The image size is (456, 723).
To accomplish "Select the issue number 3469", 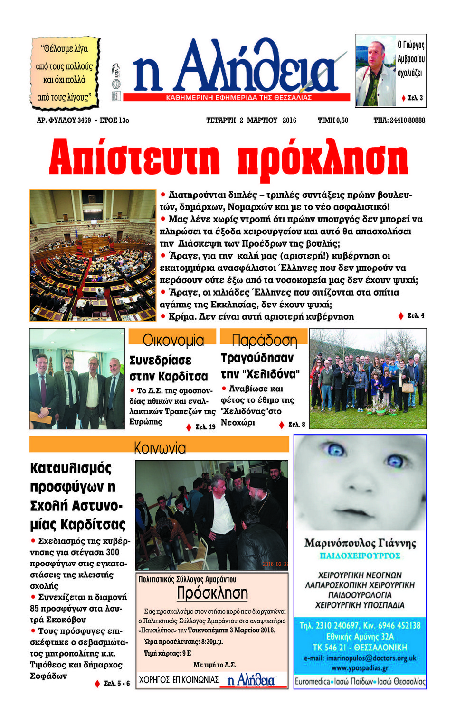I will (84, 120).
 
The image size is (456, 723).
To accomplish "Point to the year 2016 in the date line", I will (289, 120).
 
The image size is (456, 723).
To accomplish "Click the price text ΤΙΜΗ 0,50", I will (332, 120).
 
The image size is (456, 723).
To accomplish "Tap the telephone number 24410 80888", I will (407, 120).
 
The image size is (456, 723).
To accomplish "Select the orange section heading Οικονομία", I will (173, 340).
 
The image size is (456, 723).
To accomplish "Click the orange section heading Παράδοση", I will (264, 340).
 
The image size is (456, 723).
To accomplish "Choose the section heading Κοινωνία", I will (160, 448).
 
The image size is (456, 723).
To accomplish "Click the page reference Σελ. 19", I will (205, 427).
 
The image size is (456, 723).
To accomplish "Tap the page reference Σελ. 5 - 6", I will (116, 683).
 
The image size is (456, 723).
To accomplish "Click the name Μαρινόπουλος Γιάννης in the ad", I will (360, 543).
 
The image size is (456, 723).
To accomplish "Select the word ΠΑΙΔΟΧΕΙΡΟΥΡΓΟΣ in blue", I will (360, 556).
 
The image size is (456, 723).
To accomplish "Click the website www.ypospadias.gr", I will (360, 668).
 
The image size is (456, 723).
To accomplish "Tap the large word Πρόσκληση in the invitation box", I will (212, 593).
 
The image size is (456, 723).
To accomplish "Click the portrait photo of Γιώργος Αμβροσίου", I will (375, 70).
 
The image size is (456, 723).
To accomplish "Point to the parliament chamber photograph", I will (93, 255).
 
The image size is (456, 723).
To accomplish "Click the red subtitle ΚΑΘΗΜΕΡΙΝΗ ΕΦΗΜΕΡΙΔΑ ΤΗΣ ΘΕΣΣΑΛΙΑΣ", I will (238, 97).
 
